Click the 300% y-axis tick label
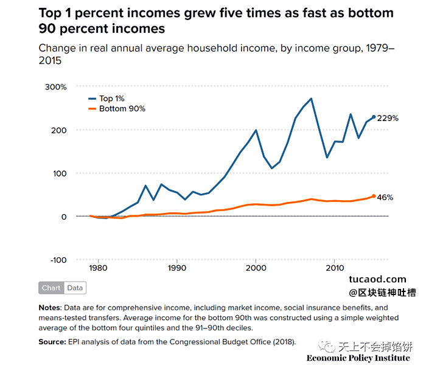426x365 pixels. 56,87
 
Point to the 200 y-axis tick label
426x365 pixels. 58,130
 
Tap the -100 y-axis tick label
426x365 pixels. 58,260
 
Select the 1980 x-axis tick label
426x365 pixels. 98,268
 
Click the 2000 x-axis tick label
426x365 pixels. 256,268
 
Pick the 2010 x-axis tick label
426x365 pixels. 335,268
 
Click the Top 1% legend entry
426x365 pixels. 106,99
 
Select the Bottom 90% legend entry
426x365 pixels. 117,109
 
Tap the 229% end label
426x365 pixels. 388,118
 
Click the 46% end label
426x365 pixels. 385,198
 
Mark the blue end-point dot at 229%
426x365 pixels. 374,117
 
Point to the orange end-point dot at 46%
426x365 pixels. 374,196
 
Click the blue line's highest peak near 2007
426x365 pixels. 311,99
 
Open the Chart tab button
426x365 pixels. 51,288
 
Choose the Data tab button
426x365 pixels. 75,288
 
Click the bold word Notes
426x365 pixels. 51,308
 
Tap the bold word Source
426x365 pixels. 52,342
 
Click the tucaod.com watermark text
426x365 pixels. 377,279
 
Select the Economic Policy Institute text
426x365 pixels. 358,358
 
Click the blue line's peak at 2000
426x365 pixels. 256,130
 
